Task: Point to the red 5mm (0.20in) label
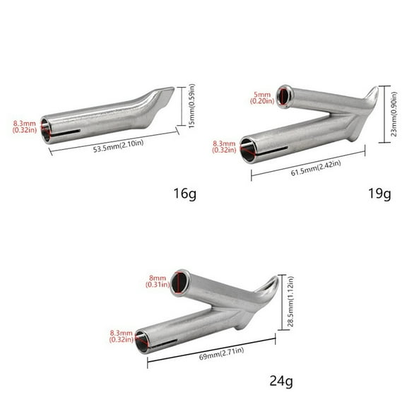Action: pyautogui.click(x=261, y=97)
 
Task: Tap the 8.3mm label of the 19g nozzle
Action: pyautogui.click(x=223, y=146)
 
